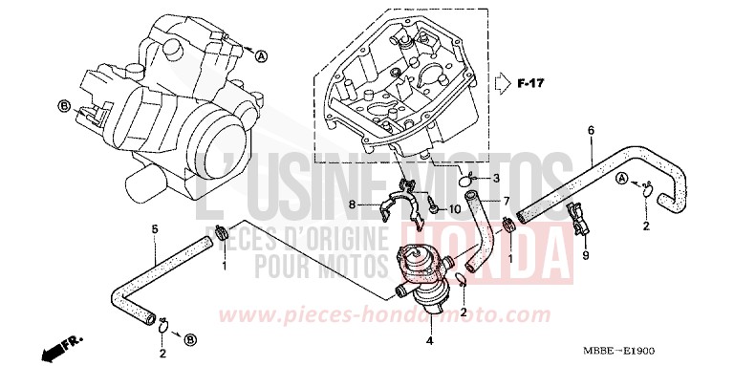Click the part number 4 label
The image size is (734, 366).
(430, 339)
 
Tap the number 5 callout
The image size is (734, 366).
(155, 228)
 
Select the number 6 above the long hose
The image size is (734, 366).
(590, 130)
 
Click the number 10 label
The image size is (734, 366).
(454, 208)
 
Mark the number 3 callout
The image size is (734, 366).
(470, 179)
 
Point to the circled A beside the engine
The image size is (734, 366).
(261, 57)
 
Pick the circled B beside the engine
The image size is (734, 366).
(63, 107)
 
